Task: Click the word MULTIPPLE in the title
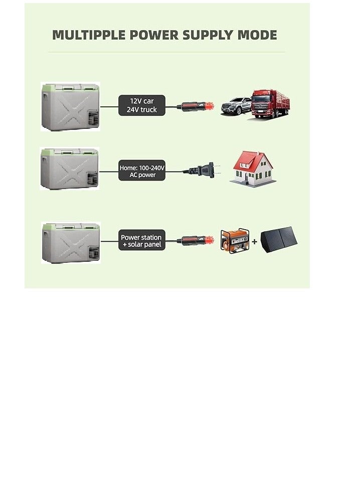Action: coord(89,35)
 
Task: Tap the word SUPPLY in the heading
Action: coord(208,35)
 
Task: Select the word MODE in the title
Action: coord(257,35)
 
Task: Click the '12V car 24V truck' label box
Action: coord(142,105)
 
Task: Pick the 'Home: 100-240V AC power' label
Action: coord(142,171)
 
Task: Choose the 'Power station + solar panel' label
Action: coord(142,240)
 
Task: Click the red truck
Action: coord(271,104)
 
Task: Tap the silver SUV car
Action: coord(236,106)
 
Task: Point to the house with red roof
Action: coord(253,169)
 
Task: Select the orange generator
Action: coord(235,241)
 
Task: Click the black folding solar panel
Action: coord(279,240)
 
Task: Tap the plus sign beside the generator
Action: coord(255,241)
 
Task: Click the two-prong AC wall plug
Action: coord(201,171)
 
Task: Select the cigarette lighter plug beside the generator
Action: coord(196,241)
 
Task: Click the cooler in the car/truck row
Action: coord(70,106)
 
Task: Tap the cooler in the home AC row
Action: coord(70,169)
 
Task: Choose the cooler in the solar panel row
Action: coord(71,243)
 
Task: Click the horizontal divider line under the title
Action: coord(167,52)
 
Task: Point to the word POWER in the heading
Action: coord(154,35)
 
